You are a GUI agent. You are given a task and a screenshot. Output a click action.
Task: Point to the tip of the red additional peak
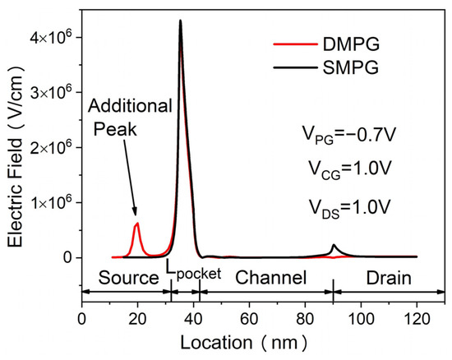tap(137, 224)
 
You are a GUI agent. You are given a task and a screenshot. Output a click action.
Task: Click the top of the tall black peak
tap(180, 21)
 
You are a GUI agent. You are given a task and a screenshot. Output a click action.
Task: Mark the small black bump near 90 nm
tap(334, 246)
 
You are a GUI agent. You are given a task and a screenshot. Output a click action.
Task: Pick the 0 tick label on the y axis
tap(68, 257)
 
